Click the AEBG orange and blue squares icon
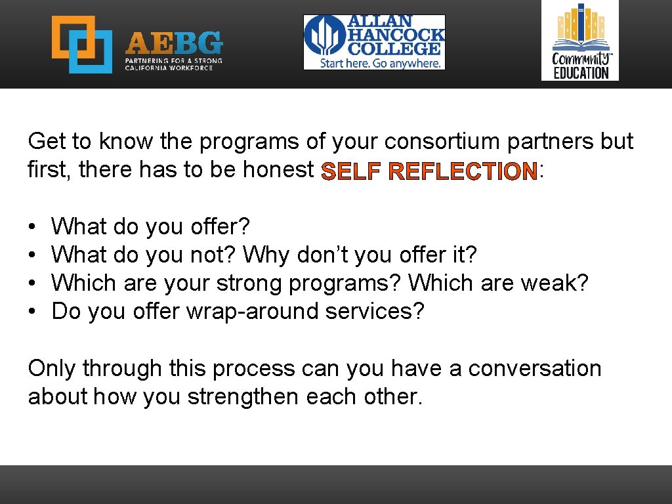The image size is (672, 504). pyautogui.click(x=83, y=44)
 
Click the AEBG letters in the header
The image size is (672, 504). pyautogui.click(x=174, y=43)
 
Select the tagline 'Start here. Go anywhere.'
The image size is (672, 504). pyautogui.click(x=380, y=63)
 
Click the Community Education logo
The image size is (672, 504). pyautogui.click(x=579, y=40)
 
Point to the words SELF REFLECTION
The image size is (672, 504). pyautogui.click(x=429, y=171)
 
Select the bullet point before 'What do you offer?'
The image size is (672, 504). pyautogui.click(x=32, y=227)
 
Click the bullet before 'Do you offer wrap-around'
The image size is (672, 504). pyautogui.click(x=32, y=312)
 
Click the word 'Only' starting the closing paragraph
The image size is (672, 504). pyautogui.click(x=52, y=368)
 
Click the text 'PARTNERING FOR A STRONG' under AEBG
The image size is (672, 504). pyautogui.click(x=174, y=60)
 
